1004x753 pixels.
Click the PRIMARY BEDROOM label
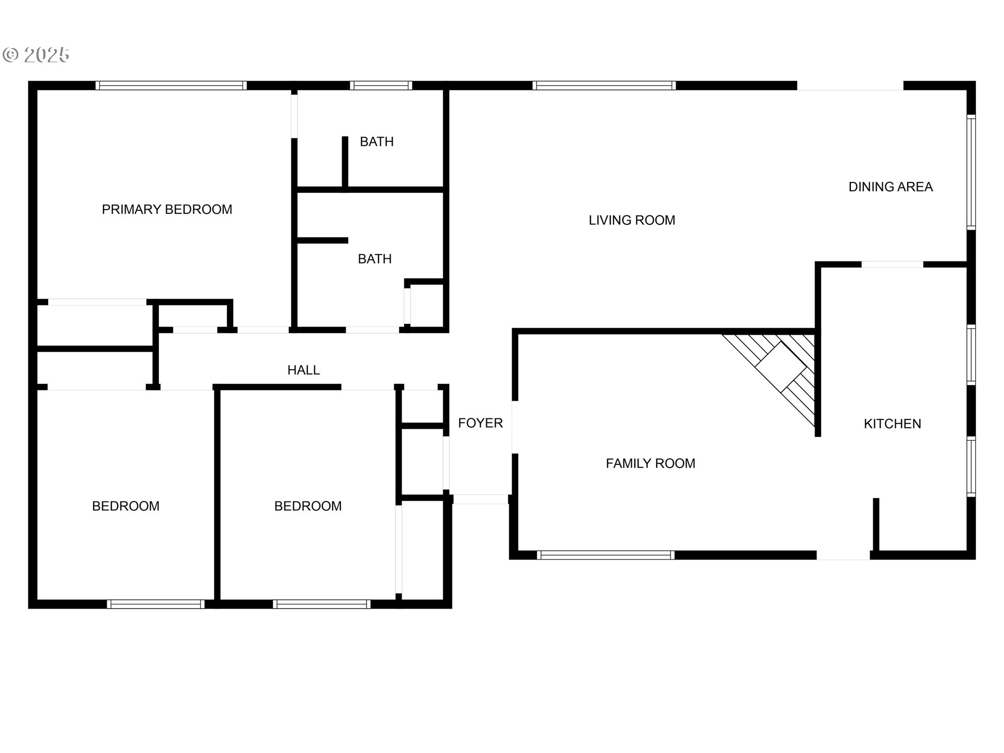(167, 210)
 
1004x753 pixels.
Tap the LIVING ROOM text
(632, 221)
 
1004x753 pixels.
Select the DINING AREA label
(890, 187)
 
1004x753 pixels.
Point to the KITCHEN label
(892, 424)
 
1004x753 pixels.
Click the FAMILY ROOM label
(650, 464)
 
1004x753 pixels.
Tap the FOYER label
(480, 423)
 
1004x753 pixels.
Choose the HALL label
(303, 370)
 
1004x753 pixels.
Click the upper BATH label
(376, 142)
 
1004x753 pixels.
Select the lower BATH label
(374, 259)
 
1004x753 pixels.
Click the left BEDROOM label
(125, 506)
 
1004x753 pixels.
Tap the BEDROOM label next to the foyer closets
(307, 506)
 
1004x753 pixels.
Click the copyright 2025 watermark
(37, 55)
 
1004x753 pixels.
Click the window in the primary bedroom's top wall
(170, 85)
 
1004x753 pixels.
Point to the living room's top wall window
(604, 85)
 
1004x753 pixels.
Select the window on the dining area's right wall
(971, 172)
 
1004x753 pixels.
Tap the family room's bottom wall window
(606, 555)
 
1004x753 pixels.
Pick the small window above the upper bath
(381, 85)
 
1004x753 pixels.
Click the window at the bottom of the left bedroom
(155, 604)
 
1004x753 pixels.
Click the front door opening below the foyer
(480, 499)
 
